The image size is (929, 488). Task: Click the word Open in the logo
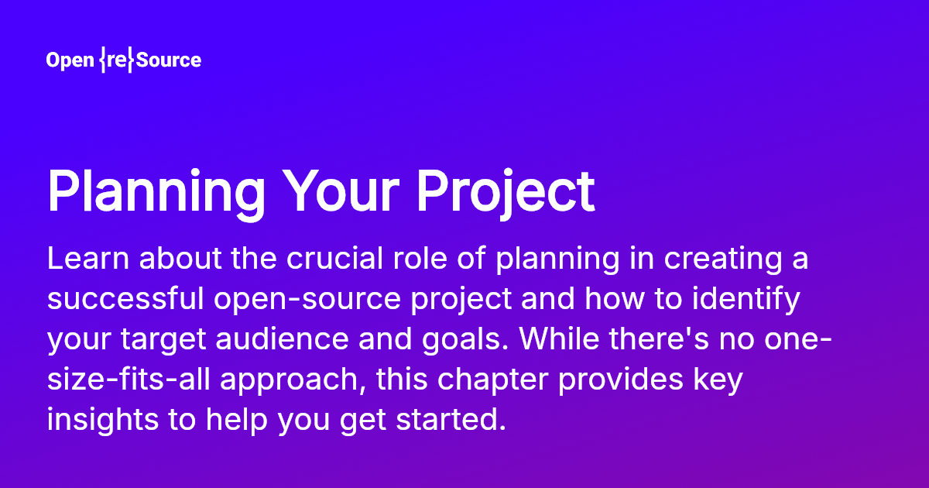pyautogui.click(x=70, y=60)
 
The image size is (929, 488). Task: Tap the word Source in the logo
pyautogui.click(x=169, y=60)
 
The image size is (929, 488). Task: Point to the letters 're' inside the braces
pyautogui.click(x=117, y=60)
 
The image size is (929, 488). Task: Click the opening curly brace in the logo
pyautogui.click(x=102, y=60)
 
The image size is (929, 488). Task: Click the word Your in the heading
pyautogui.click(x=341, y=191)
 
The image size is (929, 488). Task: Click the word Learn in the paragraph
pyautogui.click(x=88, y=259)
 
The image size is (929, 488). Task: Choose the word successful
pyautogui.click(x=125, y=298)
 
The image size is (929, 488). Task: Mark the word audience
pyautogui.click(x=282, y=339)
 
